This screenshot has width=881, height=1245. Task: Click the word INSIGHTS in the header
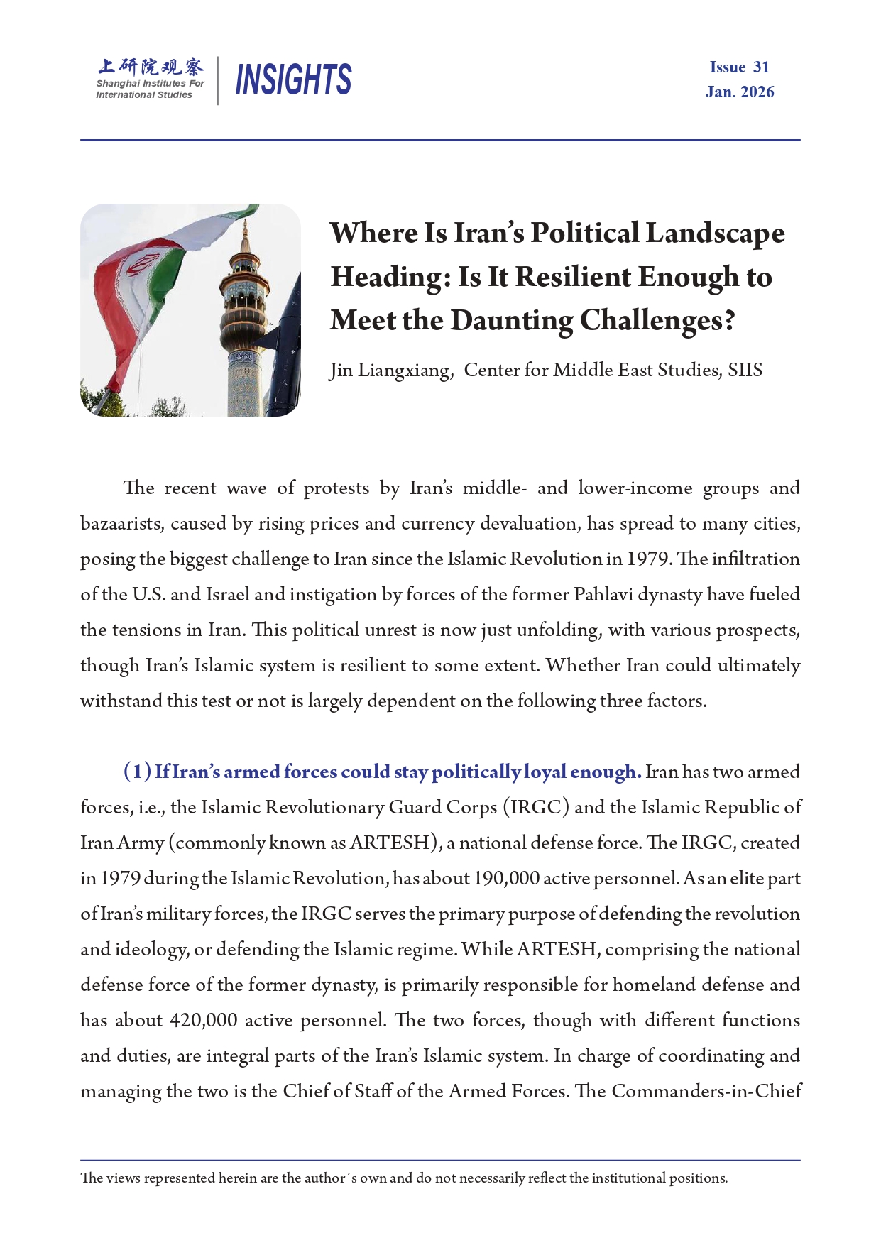click(x=292, y=79)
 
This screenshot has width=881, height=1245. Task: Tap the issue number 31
click(x=761, y=67)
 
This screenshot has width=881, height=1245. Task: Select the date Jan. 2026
click(x=740, y=92)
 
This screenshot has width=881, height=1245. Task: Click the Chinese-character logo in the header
click(x=151, y=67)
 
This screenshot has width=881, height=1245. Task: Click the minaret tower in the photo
click(x=245, y=319)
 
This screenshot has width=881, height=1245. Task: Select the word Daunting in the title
click(x=511, y=321)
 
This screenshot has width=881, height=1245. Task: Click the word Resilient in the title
click(x=573, y=278)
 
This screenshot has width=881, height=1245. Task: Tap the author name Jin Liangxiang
click(x=390, y=371)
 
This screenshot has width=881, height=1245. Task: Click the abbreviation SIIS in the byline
click(x=745, y=371)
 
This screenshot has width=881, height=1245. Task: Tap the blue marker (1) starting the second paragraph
click(x=137, y=772)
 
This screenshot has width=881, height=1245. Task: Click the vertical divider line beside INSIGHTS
click(x=218, y=80)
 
